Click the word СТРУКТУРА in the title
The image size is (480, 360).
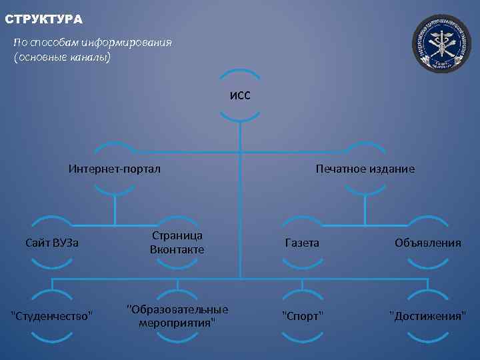click(x=43, y=19)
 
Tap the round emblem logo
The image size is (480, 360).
click(x=441, y=44)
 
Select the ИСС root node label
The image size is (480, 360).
click(x=240, y=95)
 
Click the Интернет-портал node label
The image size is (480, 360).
click(x=115, y=169)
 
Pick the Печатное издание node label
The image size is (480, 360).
click(x=365, y=169)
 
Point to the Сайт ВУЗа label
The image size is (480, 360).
click(x=52, y=243)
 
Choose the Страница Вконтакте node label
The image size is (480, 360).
click(x=177, y=243)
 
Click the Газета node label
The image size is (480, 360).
click(x=302, y=243)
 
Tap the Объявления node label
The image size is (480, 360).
click(x=427, y=243)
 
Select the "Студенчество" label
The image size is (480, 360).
click(x=52, y=315)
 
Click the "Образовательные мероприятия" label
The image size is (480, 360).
click(x=177, y=315)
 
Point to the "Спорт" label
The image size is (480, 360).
click(x=302, y=315)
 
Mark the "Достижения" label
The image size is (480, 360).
click(x=427, y=315)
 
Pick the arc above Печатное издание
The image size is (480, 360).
click(x=365, y=145)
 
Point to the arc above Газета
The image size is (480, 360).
click(x=302, y=219)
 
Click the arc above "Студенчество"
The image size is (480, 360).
click(x=52, y=292)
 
